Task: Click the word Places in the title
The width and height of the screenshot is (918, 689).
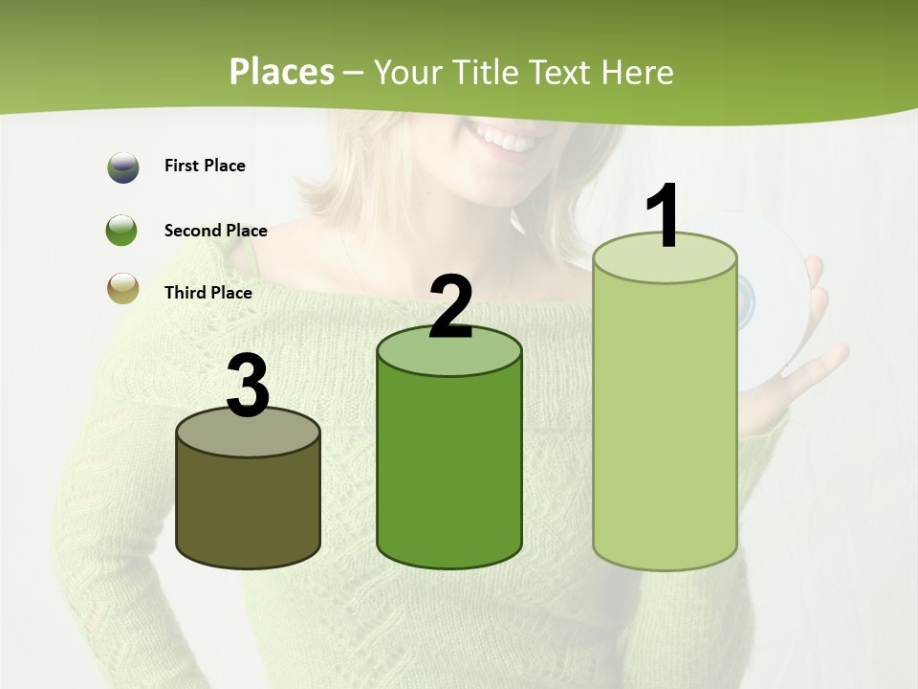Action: [282, 72]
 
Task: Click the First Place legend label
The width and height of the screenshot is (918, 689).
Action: [205, 166]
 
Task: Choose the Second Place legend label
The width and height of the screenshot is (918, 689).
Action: [215, 231]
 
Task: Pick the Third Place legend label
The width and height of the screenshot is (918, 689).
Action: [208, 293]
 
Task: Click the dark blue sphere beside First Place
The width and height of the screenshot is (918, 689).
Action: [122, 167]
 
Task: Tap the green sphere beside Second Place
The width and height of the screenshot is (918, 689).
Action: [122, 231]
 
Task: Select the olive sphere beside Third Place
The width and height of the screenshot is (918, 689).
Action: [122, 288]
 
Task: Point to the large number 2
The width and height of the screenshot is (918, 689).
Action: [450, 306]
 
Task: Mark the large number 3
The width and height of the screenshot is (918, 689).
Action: [248, 386]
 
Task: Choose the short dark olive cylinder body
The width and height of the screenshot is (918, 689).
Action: [248, 507]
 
